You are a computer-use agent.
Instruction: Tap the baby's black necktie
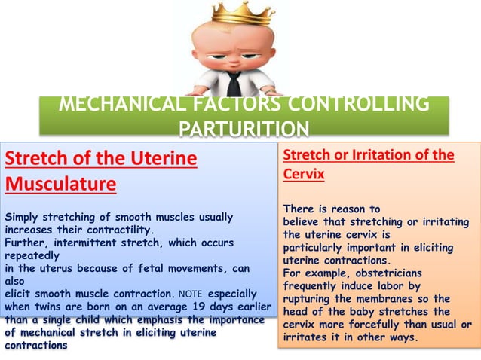tap(235, 83)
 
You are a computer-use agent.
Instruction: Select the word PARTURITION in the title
tap(244, 129)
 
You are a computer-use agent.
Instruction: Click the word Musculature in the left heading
tap(60, 184)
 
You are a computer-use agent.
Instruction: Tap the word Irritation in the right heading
tap(381, 155)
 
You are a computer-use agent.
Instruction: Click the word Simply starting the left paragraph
tap(23, 217)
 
